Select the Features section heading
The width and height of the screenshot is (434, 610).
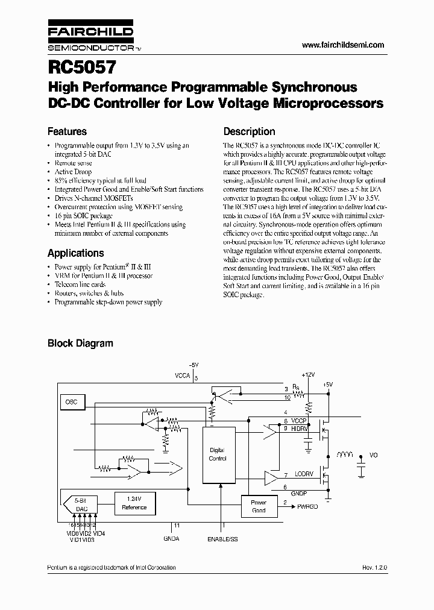coord(67,131)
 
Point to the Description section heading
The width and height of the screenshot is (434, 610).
coord(249,131)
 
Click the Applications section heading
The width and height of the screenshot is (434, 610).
coord(75,253)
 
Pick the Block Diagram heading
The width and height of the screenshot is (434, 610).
coord(80,344)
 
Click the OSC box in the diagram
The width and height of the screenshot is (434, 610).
coord(71,401)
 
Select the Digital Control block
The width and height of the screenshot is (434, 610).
coord(217,454)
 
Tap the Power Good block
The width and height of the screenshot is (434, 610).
coord(258,506)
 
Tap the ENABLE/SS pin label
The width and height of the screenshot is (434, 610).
coord(222,539)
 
